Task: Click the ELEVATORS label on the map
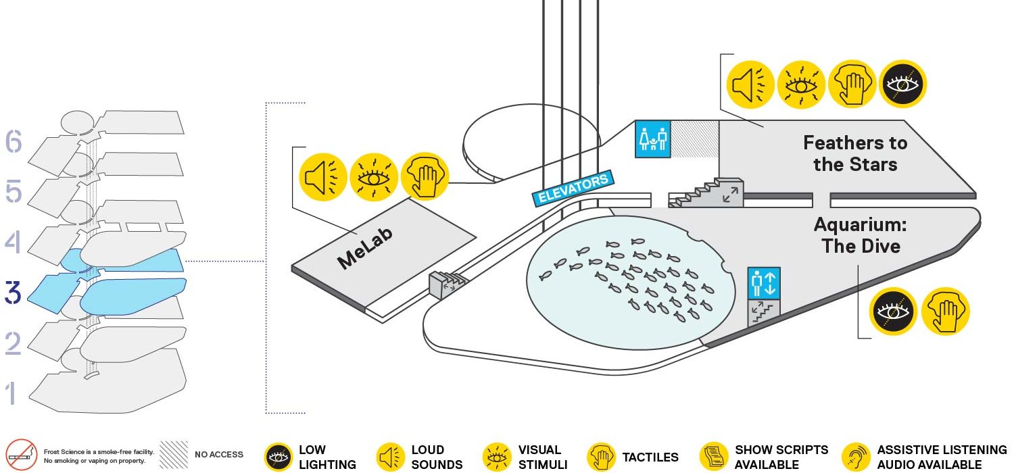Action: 573,189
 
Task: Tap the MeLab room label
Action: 365,248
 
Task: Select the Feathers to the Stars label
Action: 855,153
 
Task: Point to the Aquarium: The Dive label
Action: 861,235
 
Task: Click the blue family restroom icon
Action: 653,139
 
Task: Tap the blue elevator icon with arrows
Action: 764,283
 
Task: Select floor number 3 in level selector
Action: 13,292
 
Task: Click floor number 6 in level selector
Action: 14,141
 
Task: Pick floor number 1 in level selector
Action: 11,393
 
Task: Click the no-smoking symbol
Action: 21,455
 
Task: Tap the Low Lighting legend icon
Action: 279,457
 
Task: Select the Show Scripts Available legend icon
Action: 713,457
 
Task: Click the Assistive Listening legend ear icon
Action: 856,457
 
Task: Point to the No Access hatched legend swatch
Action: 174,455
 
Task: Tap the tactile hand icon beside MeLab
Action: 425,176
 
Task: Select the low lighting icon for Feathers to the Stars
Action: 903,84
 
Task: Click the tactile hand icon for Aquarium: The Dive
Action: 946,312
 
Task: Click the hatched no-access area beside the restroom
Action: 695,139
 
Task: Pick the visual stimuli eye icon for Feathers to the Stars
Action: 801,84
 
